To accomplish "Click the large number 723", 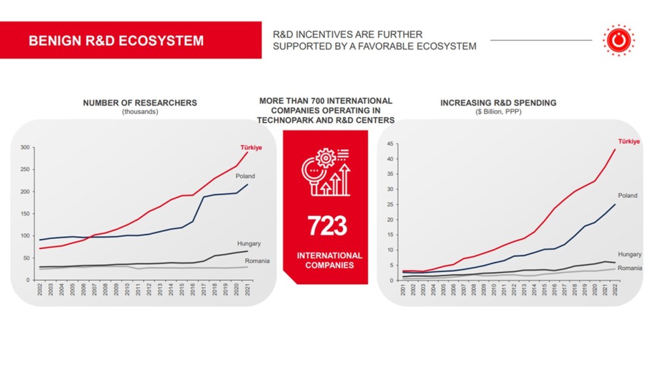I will (x=327, y=226).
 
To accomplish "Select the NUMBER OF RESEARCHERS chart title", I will (x=140, y=103).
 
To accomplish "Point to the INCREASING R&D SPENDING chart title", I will (x=498, y=103).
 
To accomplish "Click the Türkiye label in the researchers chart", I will (x=251, y=147).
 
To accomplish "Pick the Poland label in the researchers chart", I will (x=245, y=176).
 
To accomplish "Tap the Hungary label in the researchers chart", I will (x=249, y=243).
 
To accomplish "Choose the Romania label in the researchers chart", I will (x=257, y=261).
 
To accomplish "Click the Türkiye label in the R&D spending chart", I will (x=629, y=140).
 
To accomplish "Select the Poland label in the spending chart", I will (x=627, y=196).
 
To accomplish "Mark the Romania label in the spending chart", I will (x=630, y=268).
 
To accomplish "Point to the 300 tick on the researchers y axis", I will (x=25, y=147).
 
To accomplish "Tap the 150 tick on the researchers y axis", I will (x=25, y=213).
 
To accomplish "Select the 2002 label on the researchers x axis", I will (x=41, y=290).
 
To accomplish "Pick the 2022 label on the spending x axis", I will (x=615, y=290).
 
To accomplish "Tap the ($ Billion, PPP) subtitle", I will (x=498, y=112).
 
